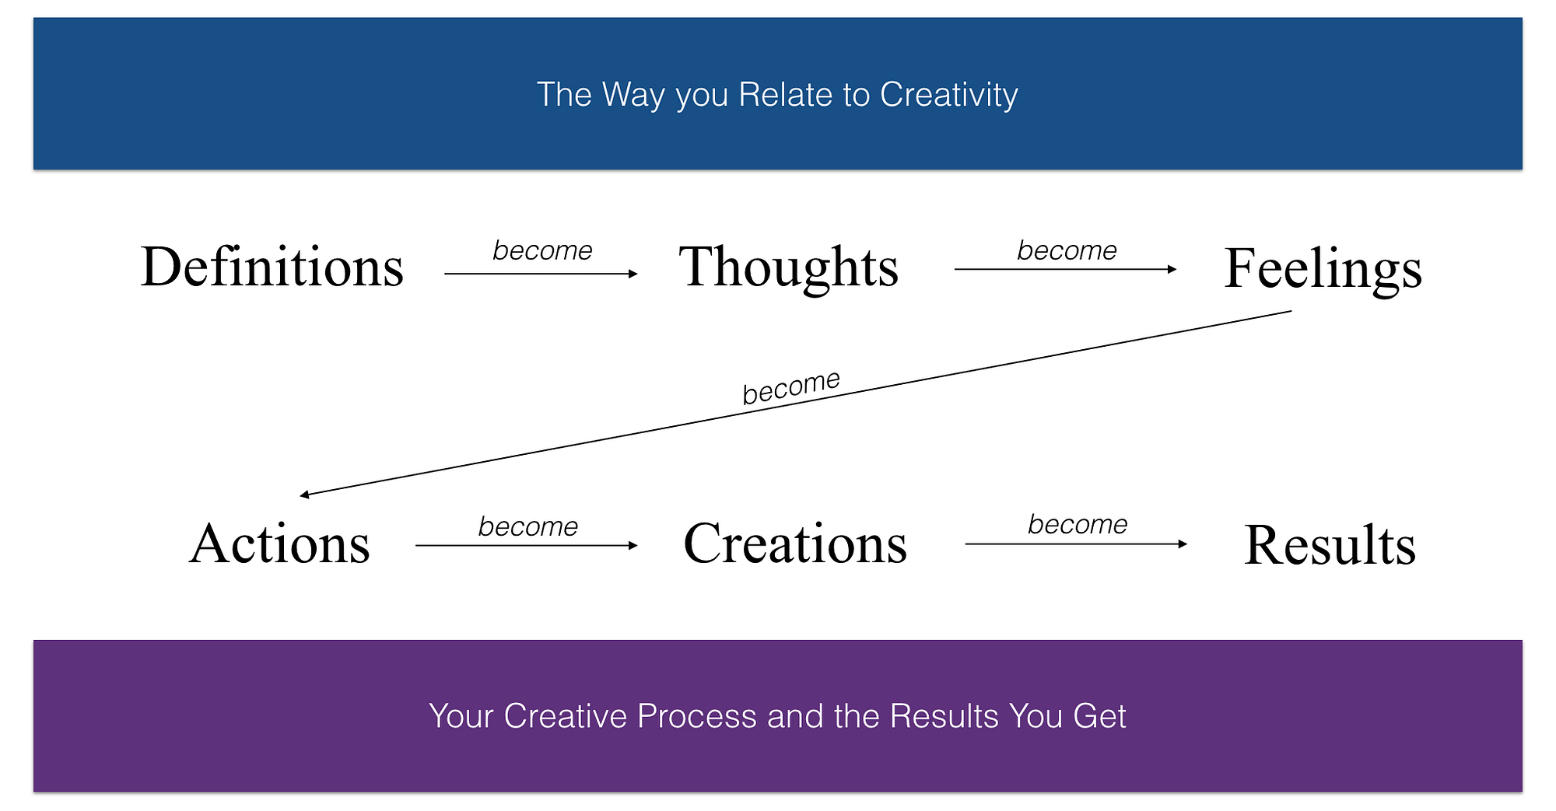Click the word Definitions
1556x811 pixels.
[272, 267]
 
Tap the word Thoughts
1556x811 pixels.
[789, 269]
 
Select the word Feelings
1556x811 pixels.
[1323, 271]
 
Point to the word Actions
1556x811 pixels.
[279, 544]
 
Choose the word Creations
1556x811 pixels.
[795, 544]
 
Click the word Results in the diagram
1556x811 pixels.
[1330, 545]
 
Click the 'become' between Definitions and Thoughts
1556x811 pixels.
[542, 250]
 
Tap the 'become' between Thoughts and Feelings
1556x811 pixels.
[1067, 250]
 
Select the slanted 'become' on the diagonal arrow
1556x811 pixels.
[791, 387]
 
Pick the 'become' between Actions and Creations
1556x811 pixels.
[527, 526]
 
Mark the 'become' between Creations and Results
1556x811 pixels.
[1078, 524]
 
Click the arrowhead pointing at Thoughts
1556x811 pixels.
[633, 274]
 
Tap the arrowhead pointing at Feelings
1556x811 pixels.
[1172, 269]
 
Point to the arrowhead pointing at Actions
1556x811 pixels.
[304, 494]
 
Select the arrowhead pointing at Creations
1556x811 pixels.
[633, 546]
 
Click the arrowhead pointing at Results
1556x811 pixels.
[1183, 544]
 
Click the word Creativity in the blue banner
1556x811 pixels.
[948, 95]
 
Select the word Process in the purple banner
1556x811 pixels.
[696, 716]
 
